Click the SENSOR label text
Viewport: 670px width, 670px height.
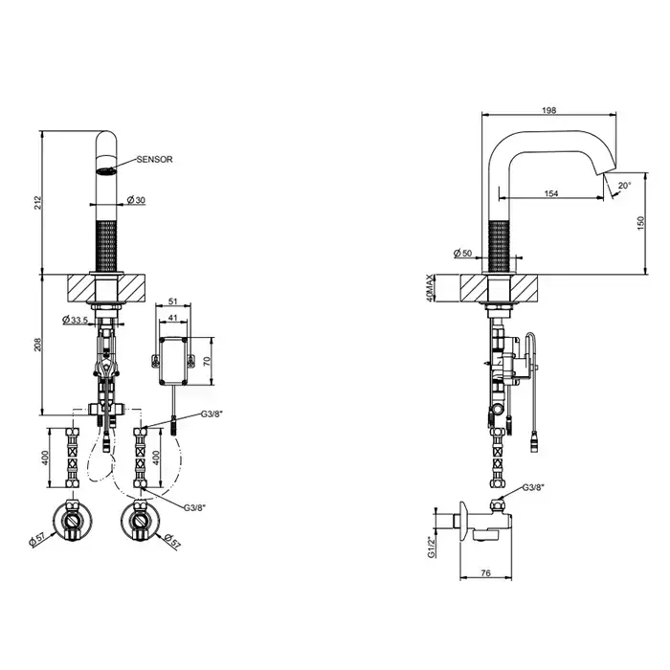155,160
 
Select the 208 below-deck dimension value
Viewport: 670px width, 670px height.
37,345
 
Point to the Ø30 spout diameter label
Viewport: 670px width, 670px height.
136,199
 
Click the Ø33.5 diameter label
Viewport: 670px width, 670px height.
75,319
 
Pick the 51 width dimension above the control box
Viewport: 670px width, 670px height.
172,301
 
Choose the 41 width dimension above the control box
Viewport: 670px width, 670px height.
172,317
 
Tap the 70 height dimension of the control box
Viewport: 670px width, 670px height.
207,362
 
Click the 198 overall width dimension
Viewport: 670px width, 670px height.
549,110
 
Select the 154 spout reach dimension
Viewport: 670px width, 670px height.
551,193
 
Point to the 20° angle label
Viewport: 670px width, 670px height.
624,186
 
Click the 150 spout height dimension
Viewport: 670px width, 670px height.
641,223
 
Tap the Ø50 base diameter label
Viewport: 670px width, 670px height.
462,254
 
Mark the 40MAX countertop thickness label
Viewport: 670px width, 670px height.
430,288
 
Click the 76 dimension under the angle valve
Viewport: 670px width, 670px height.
486,573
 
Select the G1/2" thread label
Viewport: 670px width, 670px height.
432,547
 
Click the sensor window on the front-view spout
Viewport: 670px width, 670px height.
107,171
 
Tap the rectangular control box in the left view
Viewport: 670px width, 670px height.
173,361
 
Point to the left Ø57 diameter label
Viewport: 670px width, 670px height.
37,541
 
